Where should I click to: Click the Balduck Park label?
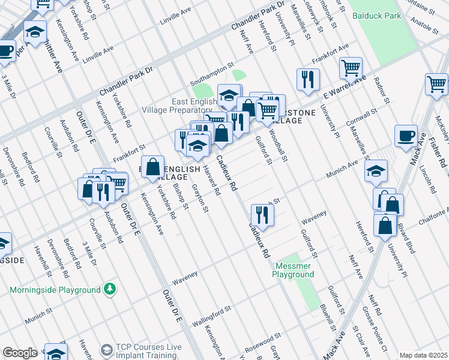[376, 16]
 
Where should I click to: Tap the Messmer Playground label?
[294, 270]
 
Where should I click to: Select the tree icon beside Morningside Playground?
[109, 290]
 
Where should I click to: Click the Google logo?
[20, 353]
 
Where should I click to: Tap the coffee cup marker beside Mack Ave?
[406, 136]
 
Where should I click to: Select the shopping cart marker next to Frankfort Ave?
[351, 67]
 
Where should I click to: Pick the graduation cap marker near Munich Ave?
[376, 171]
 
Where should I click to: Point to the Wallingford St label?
[211, 316]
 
